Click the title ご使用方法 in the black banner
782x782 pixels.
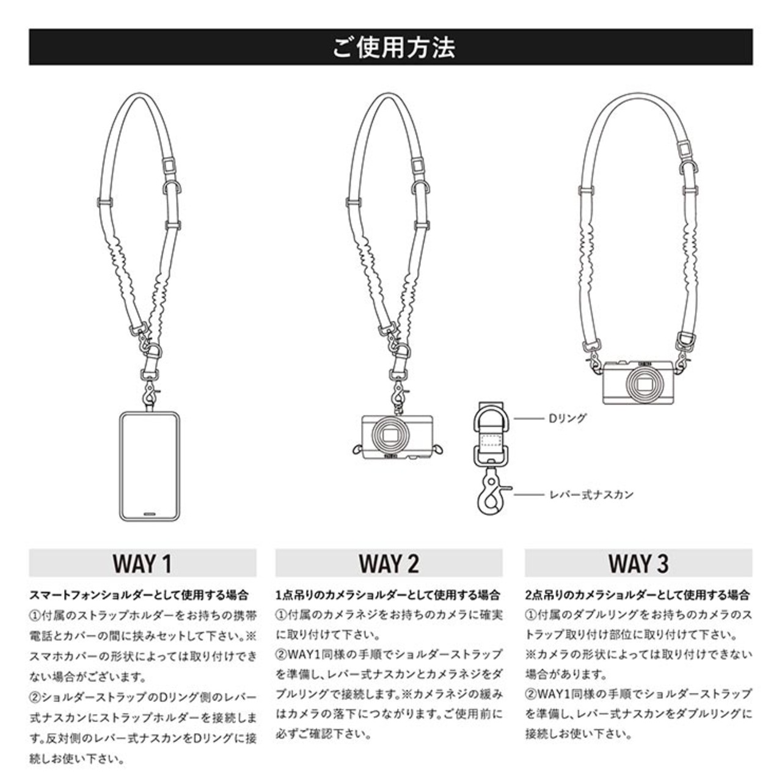pos(393,47)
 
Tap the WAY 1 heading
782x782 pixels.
pos(142,563)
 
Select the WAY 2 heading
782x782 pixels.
pos(389,563)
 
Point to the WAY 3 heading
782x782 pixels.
pos(638,563)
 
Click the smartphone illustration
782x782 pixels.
pos(150,466)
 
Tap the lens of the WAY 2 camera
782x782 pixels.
pos(392,436)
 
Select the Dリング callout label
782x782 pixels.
pos(568,418)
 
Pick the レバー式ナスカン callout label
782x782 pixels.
pos(591,495)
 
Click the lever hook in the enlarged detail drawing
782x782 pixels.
pos(492,494)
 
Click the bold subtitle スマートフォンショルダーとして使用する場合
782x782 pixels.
pos(139,595)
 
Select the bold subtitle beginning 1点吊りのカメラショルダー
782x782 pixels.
pos(388,595)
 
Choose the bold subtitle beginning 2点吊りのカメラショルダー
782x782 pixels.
pos(637,595)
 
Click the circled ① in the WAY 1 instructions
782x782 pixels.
pos(35,616)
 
